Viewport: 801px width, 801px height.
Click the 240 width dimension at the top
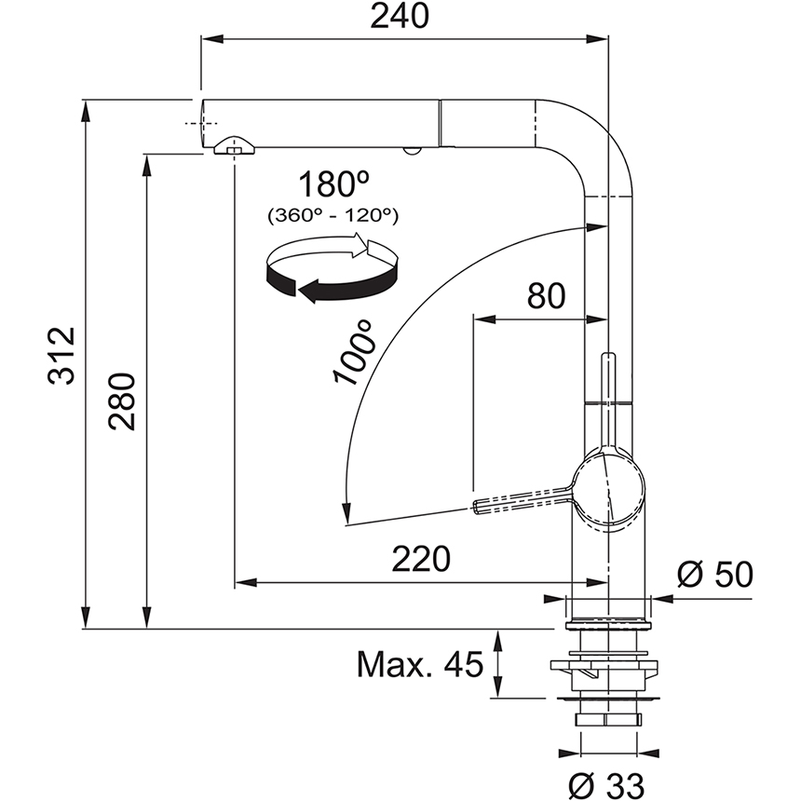point(403,17)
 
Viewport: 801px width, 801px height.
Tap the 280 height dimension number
point(124,401)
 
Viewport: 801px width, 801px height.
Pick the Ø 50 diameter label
point(713,575)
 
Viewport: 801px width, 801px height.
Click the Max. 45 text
point(420,664)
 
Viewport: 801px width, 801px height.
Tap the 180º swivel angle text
point(329,183)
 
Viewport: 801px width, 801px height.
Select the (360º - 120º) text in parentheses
point(333,215)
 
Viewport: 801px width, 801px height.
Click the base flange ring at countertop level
point(608,618)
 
